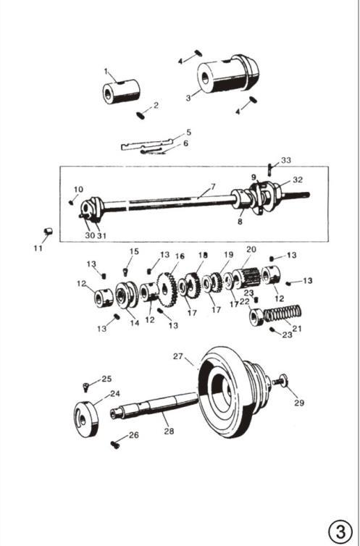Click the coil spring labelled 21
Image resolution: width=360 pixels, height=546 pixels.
click(282, 313)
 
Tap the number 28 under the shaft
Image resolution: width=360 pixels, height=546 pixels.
click(169, 431)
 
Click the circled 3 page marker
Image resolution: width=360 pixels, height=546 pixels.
click(340, 532)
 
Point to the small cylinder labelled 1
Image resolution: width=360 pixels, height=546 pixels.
click(121, 91)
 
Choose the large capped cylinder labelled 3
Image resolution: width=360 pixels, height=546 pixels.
click(228, 74)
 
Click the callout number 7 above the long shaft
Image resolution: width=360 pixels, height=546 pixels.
click(213, 187)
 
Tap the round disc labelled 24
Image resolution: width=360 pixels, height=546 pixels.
click(85, 419)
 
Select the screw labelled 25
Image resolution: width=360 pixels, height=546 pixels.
click(85, 386)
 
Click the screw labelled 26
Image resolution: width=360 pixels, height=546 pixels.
click(115, 445)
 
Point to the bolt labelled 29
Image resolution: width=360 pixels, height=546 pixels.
click(280, 381)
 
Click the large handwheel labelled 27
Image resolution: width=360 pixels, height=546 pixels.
click(233, 392)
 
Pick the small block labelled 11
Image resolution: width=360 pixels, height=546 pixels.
click(48, 231)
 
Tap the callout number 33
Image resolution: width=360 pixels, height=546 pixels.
click(286, 160)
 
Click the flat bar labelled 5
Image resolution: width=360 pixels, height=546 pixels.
click(147, 144)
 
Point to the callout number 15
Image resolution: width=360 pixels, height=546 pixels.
click(134, 251)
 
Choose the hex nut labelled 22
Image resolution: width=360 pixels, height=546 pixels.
click(256, 317)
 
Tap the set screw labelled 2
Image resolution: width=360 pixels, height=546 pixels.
click(140, 115)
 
